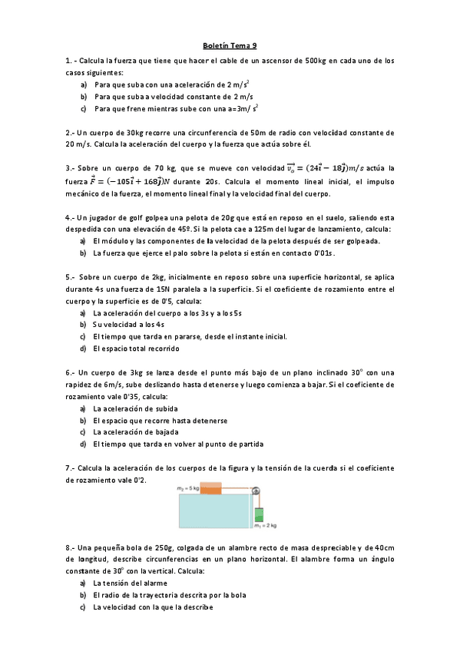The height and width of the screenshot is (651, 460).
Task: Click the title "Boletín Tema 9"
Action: click(x=230, y=45)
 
